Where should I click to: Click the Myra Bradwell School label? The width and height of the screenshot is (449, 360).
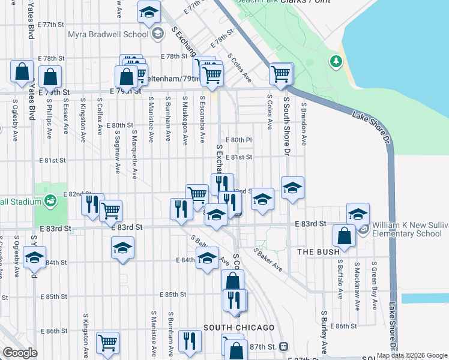[x=108, y=34]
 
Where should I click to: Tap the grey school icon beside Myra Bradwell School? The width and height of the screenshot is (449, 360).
[x=157, y=34]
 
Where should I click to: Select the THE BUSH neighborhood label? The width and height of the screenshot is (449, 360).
[x=319, y=253]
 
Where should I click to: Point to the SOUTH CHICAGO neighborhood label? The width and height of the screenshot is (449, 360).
[x=239, y=328]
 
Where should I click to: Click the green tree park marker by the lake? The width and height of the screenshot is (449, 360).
[x=335, y=61]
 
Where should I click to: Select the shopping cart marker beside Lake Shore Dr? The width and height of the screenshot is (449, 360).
[x=280, y=73]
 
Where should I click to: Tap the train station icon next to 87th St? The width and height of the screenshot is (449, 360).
[x=283, y=347]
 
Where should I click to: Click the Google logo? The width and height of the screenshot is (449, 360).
[x=20, y=353]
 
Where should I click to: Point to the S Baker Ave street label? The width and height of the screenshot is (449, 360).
[x=267, y=259]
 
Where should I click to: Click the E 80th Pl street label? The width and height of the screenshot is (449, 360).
[x=239, y=140]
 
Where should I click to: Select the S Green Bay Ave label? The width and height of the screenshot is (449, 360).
[x=373, y=284]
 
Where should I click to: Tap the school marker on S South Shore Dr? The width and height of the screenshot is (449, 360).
[x=292, y=187]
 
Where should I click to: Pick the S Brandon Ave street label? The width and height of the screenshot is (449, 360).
[x=304, y=123]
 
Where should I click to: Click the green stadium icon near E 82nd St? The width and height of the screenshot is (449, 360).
[x=50, y=199]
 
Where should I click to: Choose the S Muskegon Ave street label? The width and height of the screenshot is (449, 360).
[x=185, y=120]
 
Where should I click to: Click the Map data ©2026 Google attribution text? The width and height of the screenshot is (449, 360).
[x=412, y=355]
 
